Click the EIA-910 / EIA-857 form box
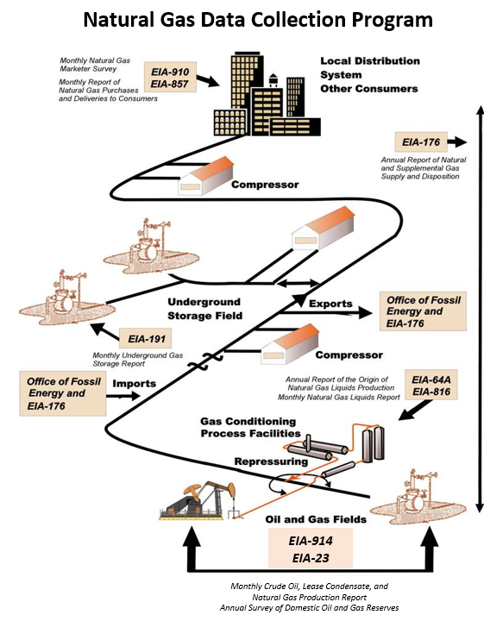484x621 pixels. [170, 78]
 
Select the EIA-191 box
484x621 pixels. [146, 339]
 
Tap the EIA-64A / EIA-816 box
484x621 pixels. [431, 386]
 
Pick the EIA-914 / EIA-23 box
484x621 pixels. [311, 549]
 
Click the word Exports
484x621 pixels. [330, 304]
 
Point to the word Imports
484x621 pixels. [135, 383]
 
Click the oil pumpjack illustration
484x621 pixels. [198, 499]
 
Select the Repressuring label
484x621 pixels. [271, 461]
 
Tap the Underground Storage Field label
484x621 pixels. [204, 309]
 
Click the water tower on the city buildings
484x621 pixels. [273, 79]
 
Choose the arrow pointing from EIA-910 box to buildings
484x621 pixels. [208, 80]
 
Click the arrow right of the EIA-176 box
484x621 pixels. [457, 141]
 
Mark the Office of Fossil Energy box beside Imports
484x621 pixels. [63, 393]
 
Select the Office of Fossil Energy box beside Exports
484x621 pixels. [423, 311]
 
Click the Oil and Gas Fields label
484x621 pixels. [316, 519]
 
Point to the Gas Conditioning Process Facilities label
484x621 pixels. [250, 427]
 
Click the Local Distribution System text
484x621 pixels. [370, 68]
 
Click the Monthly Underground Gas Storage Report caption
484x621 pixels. [137, 360]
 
